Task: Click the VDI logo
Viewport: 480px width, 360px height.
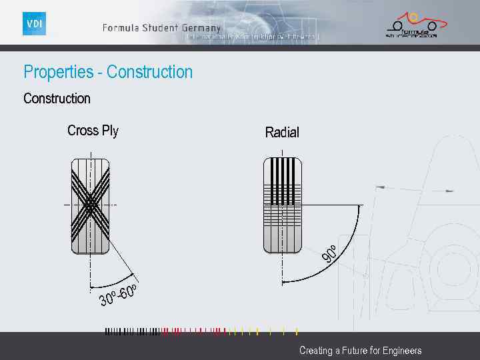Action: [34, 24]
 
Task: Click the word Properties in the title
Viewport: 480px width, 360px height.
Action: [59, 72]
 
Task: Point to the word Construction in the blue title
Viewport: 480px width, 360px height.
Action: [149, 72]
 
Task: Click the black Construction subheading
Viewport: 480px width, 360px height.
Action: [57, 99]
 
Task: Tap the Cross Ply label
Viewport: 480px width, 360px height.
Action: [93, 131]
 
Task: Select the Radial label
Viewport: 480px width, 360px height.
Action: [282, 133]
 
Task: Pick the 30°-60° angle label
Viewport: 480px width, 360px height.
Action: [119, 295]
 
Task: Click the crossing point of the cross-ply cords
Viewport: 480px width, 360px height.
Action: [90, 205]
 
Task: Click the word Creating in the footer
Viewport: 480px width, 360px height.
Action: [315, 351]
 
